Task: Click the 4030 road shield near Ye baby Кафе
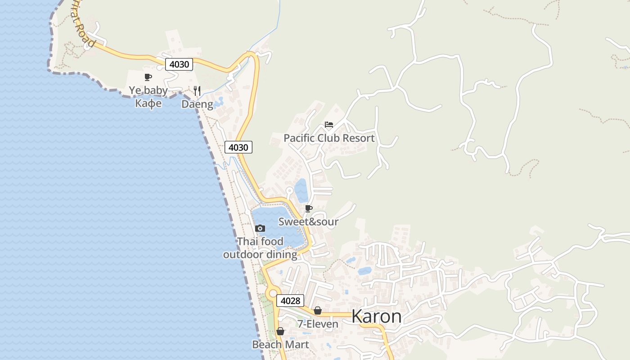coord(179,64)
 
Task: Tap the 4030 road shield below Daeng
coord(238,147)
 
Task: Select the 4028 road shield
coord(290,301)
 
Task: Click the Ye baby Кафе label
coord(148,97)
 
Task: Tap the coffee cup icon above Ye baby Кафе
coord(148,77)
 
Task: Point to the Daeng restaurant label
coord(197,104)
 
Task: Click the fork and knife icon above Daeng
coord(197,91)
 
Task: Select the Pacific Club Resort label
coord(329,138)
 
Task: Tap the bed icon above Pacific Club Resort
coord(329,125)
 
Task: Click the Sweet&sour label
coord(308,221)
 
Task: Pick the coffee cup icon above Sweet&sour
coord(309,208)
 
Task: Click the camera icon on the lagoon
coord(260,228)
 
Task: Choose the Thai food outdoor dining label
coord(260,248)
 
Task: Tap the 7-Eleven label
coord(318,324)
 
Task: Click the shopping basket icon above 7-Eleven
coord(318,310)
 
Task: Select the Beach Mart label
coord(280,345)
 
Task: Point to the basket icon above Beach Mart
coord(280,331)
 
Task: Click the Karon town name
coord(376,316)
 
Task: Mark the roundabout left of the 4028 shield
coord(272,294)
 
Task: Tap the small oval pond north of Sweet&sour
coord(301,190)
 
